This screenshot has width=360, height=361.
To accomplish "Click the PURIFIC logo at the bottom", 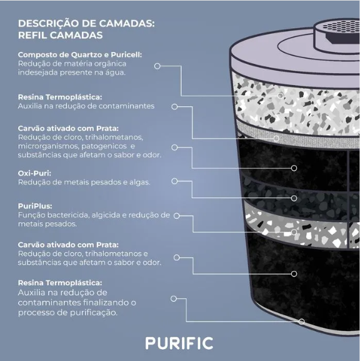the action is tap(179, 343).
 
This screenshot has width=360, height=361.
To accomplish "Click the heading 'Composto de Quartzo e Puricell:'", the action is tap(80, 55).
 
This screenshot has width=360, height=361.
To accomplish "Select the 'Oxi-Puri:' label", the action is tap(34, 173).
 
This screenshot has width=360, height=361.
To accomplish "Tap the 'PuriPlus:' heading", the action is tap(35, 206).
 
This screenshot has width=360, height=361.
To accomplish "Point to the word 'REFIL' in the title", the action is tap(32, 35).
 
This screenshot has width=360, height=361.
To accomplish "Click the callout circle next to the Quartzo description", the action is tap(157, 66).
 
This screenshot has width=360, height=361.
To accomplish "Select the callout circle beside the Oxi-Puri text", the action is tap(174, 181).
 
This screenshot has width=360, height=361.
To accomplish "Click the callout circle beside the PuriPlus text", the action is tap(176, 216).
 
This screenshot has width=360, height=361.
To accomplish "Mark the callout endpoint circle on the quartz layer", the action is tap(280, 96).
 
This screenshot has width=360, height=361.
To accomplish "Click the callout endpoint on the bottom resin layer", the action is tap(301, 322).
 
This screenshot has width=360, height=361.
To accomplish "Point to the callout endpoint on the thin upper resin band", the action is tap(276, 138).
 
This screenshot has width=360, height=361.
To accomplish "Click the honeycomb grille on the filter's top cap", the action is tap(341, 27).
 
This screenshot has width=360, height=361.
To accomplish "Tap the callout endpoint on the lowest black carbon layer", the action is tap(294, 274).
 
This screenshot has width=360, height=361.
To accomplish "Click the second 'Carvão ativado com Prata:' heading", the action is tap(68, 245).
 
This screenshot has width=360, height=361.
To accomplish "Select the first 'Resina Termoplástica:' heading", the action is tap(60, 97).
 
